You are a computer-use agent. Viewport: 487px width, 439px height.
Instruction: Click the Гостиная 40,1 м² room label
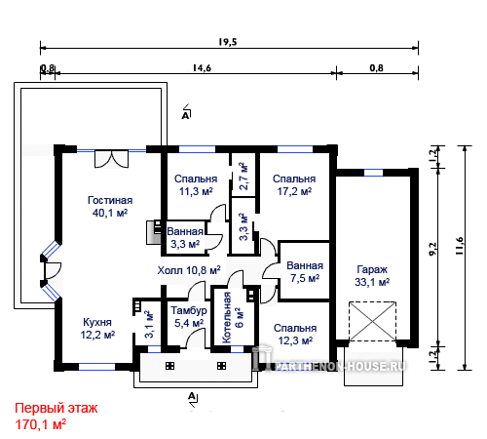pos(110,207)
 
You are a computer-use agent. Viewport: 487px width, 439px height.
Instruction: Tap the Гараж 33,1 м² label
pos(372,276)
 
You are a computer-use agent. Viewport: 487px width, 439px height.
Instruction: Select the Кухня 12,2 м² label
pos(97,329)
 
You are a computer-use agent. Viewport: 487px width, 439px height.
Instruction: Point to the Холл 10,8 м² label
pos(189,270)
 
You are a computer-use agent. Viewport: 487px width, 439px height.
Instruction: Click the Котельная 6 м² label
pos(233,318)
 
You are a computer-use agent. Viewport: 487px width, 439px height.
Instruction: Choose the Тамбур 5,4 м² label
pos(189,317)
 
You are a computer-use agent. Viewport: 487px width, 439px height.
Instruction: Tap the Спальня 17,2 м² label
pos(294,185)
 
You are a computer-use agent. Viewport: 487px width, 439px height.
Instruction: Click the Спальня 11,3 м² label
pos(196,185)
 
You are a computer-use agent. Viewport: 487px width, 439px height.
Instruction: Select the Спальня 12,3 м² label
pos(295,335)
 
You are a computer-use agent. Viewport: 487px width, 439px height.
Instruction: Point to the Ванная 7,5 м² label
pos(305,272)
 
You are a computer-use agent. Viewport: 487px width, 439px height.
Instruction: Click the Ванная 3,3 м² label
pos(185,238)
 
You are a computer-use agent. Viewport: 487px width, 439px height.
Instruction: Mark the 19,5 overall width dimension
pos(227,42)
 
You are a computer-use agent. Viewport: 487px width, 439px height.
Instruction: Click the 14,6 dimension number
pos(202,68)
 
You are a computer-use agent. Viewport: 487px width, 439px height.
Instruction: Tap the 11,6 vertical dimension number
pos(460,246)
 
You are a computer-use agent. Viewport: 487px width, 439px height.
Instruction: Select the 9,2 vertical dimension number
pos(433,250)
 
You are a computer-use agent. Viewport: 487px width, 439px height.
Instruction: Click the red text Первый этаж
pos(56,408)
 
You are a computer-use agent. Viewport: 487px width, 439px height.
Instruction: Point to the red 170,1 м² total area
pos(41,424)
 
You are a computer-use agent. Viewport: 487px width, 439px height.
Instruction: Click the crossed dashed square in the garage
pos(372,321)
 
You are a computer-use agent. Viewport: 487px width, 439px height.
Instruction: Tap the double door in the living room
pos(111,159)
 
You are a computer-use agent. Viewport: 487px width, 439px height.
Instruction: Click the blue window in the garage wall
pos(373,173)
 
